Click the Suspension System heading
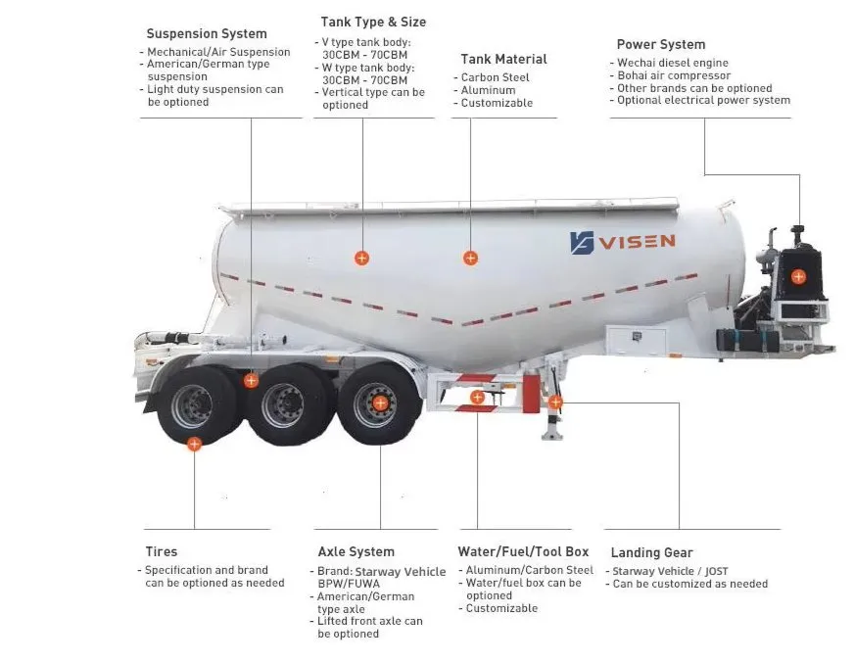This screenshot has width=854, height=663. (x=207, y=33)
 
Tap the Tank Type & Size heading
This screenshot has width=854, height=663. (x=373, y=23)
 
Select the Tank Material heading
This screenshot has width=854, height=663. (x=503, y=59)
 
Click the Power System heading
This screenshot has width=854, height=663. (x=661, y=45)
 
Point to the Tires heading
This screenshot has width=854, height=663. (x=162, y=551)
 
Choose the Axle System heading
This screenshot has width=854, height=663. (x=356, y=552)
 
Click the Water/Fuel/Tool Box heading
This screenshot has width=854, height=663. (x=523, y=552)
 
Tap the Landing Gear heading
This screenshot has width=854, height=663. (x=652, y=553)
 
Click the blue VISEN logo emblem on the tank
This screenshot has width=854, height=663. (x=582, y=243)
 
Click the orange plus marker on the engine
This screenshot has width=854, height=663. (x=798, y=277)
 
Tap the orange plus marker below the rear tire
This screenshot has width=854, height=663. (x=195, y=444)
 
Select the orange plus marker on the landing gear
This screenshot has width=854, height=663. (x=555, y=403)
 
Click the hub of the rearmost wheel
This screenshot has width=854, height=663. (x=192, y=405)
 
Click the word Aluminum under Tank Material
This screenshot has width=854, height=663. (x=488, y=90)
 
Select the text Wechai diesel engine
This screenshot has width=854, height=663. (x=673, y=64)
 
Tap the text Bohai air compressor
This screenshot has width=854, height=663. (x=674, y=75)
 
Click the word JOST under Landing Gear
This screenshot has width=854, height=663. (x=716, y=572)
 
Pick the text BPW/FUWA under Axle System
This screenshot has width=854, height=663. (x=349, y=584)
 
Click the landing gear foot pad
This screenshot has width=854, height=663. (x=551, y=435)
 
